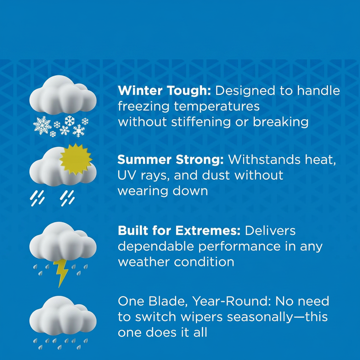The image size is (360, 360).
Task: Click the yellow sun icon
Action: pos(76,159)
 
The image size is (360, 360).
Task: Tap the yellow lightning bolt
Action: pos(61,273)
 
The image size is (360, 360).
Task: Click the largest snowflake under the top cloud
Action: pos(42,125)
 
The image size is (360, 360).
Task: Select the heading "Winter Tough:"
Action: pos(164,90)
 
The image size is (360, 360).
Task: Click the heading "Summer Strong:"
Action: pos(171,160)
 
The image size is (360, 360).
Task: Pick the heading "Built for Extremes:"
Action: pos(179,231)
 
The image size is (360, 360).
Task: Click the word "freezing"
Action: pos(144,107)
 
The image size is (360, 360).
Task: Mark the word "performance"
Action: pos(239,247)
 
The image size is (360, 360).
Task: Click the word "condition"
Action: pos(204,262)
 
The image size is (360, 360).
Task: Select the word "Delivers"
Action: pos(270,231)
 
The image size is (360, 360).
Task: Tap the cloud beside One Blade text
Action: pos(63,316)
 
